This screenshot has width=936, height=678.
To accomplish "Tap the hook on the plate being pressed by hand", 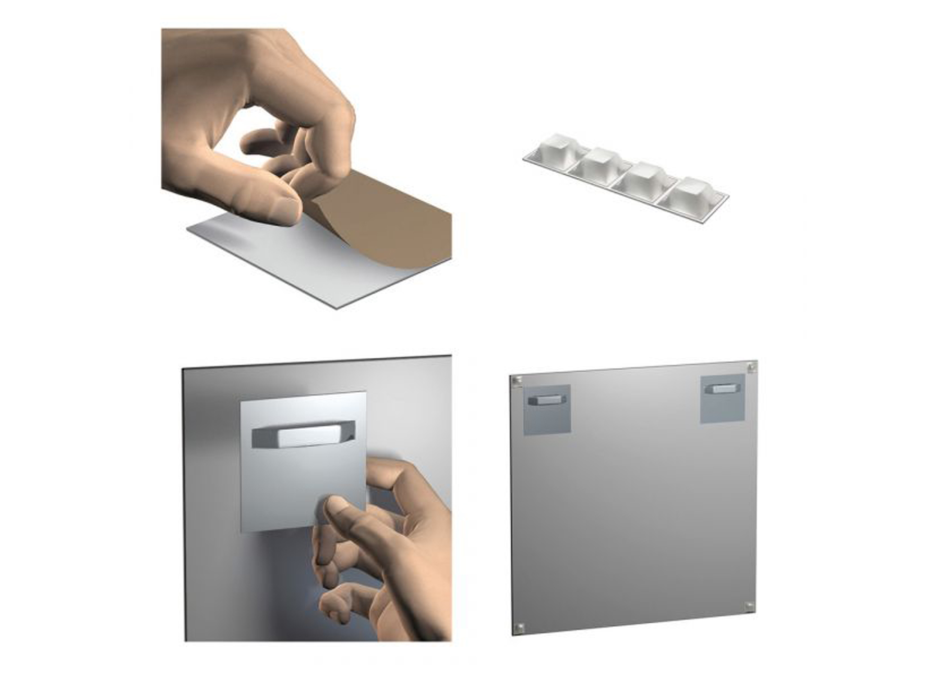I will coord(303,435).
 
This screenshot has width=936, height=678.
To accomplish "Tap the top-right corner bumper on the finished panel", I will coord(751,368).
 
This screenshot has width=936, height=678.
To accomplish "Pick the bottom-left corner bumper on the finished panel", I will coord(520,626).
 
